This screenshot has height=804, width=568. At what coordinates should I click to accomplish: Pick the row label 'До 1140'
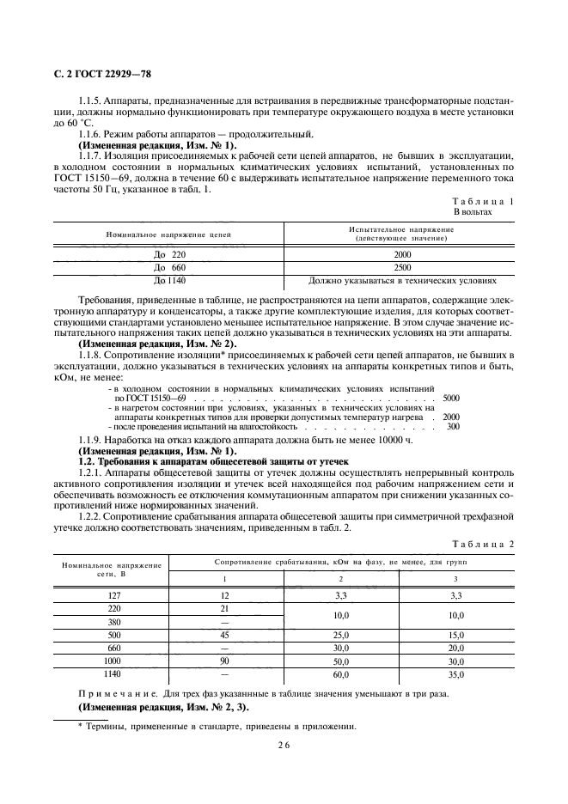point(169,280)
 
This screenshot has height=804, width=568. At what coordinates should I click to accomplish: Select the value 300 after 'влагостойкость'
point(453,426)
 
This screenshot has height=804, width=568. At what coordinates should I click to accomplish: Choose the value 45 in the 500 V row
point(224,635)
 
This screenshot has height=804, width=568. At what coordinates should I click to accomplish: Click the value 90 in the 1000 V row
point(224,662)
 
